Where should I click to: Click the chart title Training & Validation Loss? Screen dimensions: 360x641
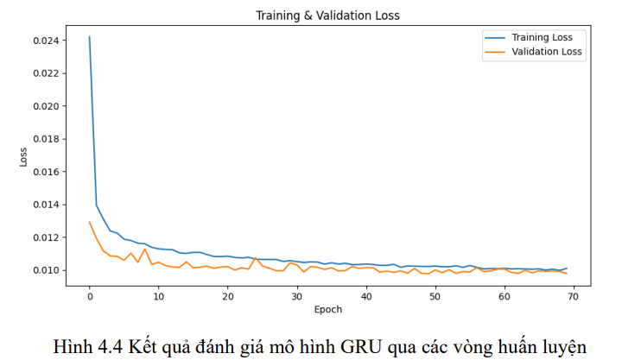(x=327, y=16)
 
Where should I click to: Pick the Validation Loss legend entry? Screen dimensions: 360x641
(x=547, y=52)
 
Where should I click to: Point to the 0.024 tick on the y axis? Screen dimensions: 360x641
(x=45, y=41)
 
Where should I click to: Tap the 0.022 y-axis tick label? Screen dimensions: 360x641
(x=45, y=73)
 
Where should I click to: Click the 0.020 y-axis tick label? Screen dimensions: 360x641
(x=45, y=106)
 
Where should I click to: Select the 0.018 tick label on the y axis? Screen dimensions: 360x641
(x=45, y=139)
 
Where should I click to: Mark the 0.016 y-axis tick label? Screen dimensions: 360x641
(x=45, y=172)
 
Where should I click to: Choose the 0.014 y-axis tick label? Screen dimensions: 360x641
(x=45, y=205)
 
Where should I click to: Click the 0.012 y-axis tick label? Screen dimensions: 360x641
(x=45, y=237)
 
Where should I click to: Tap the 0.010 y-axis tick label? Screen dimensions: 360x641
(x=45, y=270)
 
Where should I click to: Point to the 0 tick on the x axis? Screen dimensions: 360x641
(x=89, y=296)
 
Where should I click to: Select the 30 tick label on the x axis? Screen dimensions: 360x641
(x=296, y=296)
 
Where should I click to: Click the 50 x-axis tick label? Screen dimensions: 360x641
(x=435, y=296)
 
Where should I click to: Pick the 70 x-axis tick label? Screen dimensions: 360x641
(x=573, y=296)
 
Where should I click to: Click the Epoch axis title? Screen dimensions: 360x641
(x=327, y=309)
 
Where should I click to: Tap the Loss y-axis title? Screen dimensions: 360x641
(x=23, y=156)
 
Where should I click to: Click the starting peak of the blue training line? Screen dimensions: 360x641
(x=89, y=37)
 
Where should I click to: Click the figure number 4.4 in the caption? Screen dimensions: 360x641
(x=107, y=347)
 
